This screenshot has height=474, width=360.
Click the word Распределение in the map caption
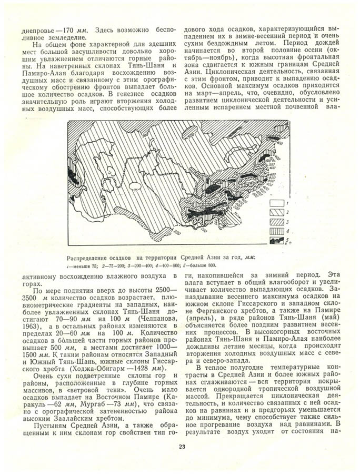[86, 258]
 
